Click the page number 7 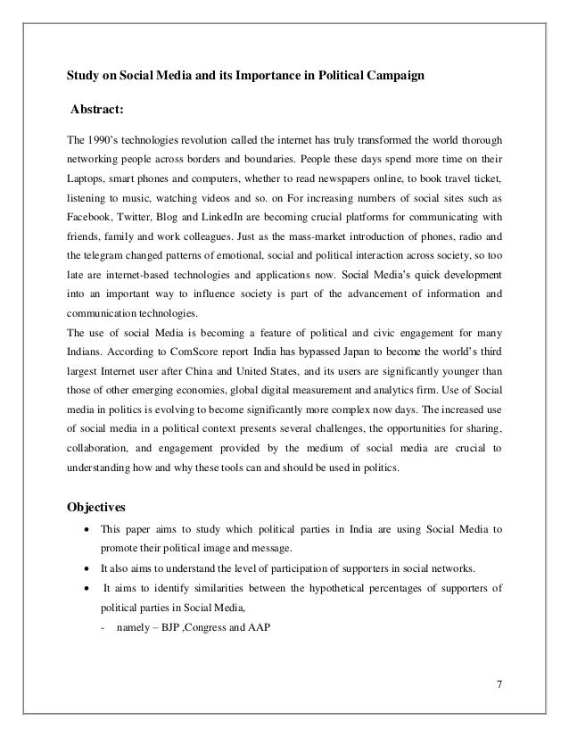click(x=499, y=684)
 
